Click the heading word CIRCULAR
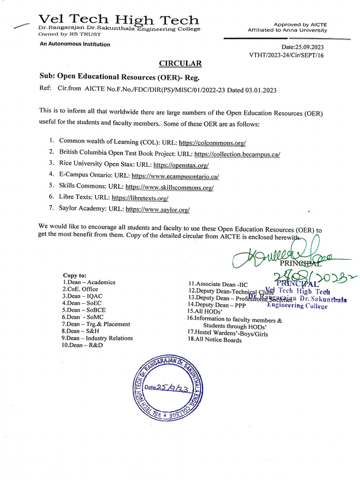[180, 63]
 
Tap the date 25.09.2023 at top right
[302, 47]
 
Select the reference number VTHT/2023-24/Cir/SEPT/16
[286, 55]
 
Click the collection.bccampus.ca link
[237, 153]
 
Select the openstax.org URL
[181, 165]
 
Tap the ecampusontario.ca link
[175, 176]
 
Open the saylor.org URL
[158, 210]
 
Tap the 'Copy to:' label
[75, 275]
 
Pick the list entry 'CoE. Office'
[80, 289]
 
